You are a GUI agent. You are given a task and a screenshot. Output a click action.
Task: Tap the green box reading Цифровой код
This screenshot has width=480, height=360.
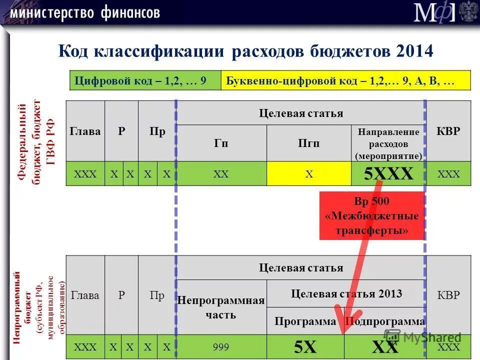coord(145,80)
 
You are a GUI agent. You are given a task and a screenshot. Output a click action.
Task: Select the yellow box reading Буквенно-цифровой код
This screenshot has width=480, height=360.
coord(345,80)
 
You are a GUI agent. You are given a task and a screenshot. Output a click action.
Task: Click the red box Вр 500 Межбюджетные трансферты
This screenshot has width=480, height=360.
coord(371,216)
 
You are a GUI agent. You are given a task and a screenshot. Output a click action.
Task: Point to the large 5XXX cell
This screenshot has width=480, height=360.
coord(388,174)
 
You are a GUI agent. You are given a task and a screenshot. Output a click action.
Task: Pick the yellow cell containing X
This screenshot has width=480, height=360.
coord(309,174)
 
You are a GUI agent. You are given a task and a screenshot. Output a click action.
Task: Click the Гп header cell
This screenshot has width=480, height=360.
coord(221,143)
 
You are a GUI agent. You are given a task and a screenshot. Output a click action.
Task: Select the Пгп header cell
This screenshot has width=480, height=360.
coord(309,143)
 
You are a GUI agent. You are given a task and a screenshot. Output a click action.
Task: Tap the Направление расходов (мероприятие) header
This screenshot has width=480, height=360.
coord(388,143)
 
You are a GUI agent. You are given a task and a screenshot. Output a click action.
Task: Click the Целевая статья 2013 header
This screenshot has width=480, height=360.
coord(346,293)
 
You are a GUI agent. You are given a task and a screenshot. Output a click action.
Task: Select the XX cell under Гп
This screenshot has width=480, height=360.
coord(221,174)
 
